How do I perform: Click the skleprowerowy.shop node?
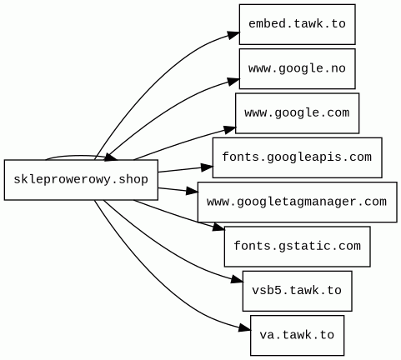point(81,180)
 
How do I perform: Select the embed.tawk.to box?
point(297,24)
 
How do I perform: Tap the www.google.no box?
point(297,68)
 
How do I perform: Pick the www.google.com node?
point(297,113)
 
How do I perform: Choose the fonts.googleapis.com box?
point(297,157)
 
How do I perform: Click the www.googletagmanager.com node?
point(297,202)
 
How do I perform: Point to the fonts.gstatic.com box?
point(297,247)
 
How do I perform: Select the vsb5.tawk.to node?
point(297,291)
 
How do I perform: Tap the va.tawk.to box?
point(297,335)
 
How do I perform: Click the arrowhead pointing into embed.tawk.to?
point(233,35)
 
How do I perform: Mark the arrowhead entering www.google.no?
point(233,82)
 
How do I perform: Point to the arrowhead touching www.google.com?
point(229,129)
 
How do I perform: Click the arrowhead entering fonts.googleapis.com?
point(207,167)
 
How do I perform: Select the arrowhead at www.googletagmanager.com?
point(192,191)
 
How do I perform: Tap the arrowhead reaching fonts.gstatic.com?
point(218,227)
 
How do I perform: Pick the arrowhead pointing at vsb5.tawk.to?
point(237,280)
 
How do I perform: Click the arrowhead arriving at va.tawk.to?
point(244,328)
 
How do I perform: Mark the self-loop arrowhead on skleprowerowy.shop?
point(111,157)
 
